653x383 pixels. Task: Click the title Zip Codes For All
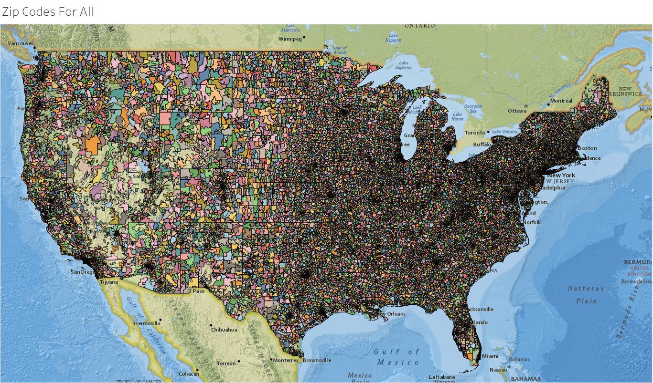click(48, 11)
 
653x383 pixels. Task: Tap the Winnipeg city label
click(290, 39)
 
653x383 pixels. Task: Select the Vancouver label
click(21, 43)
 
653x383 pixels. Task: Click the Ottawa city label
click(517, 111)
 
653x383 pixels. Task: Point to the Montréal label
click(561, 101)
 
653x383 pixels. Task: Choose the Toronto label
click(475, 133)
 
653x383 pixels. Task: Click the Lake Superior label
click(404, 65)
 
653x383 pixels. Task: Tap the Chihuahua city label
click(224, 330)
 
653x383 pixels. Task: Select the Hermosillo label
click(147, 323)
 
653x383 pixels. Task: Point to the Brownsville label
click(317, 360)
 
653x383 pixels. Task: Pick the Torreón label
click(226, 363)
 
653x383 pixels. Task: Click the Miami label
click(490, 356)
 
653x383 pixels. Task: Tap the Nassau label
click(498, 370)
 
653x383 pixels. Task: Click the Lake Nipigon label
click(393, 38)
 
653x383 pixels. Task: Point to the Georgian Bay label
click(473, 109)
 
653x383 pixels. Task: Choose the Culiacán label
click(189, 374)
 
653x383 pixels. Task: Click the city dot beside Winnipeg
click(304, 37)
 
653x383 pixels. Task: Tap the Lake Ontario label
click(504, 131)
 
